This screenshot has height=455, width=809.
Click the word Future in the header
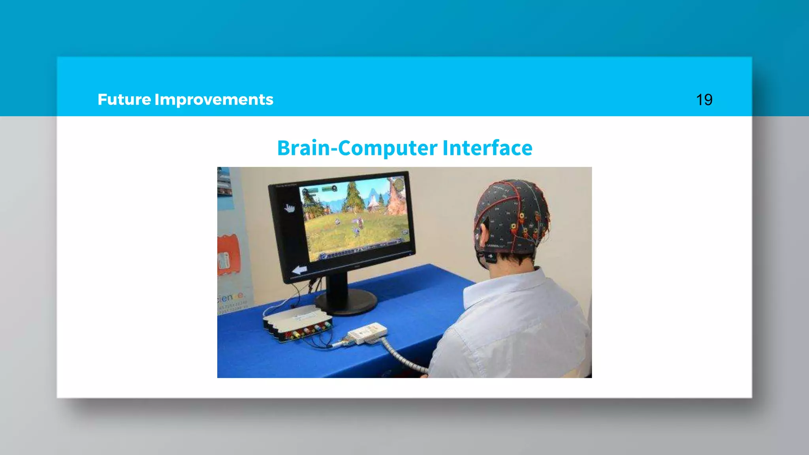click(124, 100)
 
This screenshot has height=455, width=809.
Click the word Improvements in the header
click(214, 100)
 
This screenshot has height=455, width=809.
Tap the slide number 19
click(704, 100)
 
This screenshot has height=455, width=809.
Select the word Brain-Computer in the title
click(357, 148)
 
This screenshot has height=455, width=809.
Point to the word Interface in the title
click(487, 148)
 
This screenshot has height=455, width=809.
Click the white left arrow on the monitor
click(299, 270)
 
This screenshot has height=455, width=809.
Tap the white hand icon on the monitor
click(290, 208)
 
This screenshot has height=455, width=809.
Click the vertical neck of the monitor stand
click(337, 284)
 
